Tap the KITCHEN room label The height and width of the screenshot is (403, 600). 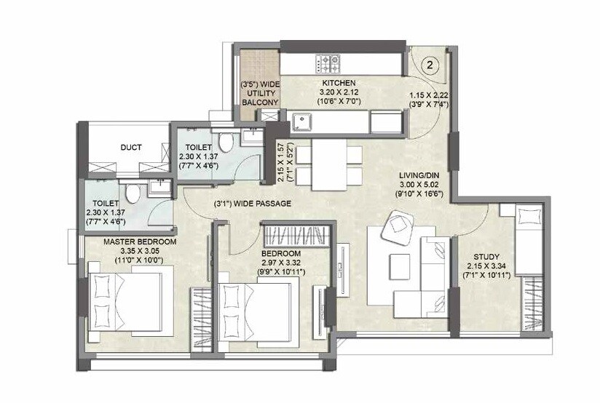338,83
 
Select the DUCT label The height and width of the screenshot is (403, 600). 132,148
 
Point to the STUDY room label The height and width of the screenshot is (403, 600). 486,257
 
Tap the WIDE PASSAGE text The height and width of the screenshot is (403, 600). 253,204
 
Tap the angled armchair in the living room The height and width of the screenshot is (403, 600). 399,227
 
